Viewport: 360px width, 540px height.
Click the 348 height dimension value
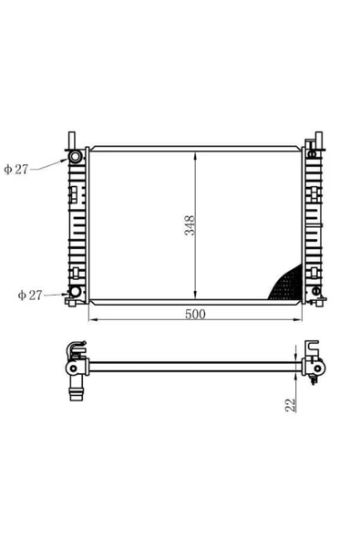[x=190, y=225]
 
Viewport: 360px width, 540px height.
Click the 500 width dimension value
[x=195, y=314]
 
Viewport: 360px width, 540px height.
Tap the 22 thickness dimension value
[x=290, y=405]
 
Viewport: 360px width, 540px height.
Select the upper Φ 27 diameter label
[x=16, y=169]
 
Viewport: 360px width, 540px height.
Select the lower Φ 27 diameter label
[x=30, y=296]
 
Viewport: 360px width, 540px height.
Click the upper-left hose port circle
[x=75, y=157]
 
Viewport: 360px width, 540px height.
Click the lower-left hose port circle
[x=75, y=292]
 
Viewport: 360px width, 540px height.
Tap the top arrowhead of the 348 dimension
[x=195, y=155]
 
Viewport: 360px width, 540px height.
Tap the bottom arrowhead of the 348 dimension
[x=195, y=296]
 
